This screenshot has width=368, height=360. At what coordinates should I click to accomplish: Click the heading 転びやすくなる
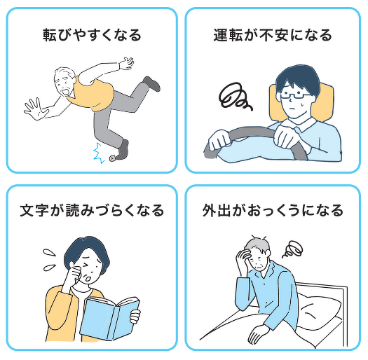tap(92, 36)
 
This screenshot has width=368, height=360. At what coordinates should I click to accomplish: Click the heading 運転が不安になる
tap(273, 36)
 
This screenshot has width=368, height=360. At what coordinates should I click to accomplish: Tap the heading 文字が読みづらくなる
tap(92, 210)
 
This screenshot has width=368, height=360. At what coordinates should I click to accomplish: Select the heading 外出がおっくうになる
tap(273, 210)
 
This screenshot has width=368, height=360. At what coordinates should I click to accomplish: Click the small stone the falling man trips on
tap(112, 158)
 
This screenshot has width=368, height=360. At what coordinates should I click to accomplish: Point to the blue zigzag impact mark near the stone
tap(99, 153)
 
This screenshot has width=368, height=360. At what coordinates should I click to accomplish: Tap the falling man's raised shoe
tap(152, 84)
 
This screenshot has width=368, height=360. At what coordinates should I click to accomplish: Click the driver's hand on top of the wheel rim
tap(285, 137)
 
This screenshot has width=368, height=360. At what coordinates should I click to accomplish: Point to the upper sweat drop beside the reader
tap(49, 253)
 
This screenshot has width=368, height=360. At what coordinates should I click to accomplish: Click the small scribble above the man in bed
tap(293, 249)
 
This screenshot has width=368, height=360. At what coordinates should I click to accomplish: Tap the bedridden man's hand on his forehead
tap(243, 256)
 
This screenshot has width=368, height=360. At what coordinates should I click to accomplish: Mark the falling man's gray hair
tap(62, 73)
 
